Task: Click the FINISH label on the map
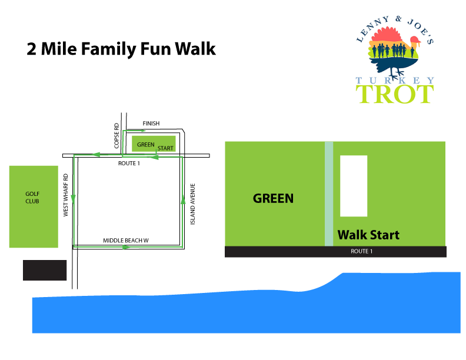tap(151, 124)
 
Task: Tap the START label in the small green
tap(165, 148)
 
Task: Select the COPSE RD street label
tap(116, 136)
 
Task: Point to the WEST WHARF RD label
tap(66, 195)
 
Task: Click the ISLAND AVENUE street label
tap(192, 204)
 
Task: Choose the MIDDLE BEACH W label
tap(126, 241)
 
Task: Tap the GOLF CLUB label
tap(32, 198)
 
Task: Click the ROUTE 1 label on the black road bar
tap(362, 251)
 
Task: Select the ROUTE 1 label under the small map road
tap(129, 164)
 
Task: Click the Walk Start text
tap(368, 235)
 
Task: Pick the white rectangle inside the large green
tap(354, 186)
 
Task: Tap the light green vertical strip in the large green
tap(329, 194)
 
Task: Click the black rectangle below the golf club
tap(45, 271)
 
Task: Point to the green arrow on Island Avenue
tap(183, 201)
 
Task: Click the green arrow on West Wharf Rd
tap(73, 199)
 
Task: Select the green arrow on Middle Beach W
tap(126, 247)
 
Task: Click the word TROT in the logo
tap(395, 94)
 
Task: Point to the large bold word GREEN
tap(273, 198)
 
